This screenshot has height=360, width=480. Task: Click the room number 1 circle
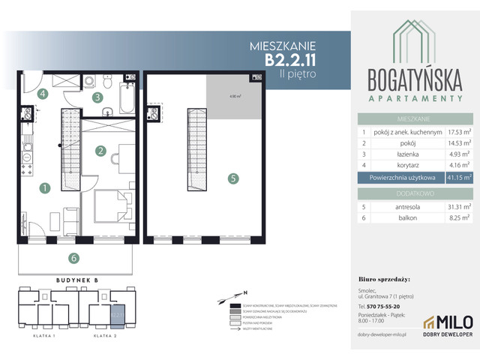[x=45, y=187]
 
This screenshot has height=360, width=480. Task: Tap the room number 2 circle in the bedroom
[x=99, y=150]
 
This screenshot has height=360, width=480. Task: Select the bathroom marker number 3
[x=97, y=97]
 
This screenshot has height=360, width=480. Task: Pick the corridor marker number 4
[x=43, y=94]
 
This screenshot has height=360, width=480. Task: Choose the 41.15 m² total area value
[x=457, y=178]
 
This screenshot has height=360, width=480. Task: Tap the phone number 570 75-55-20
[x=382, y=306]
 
